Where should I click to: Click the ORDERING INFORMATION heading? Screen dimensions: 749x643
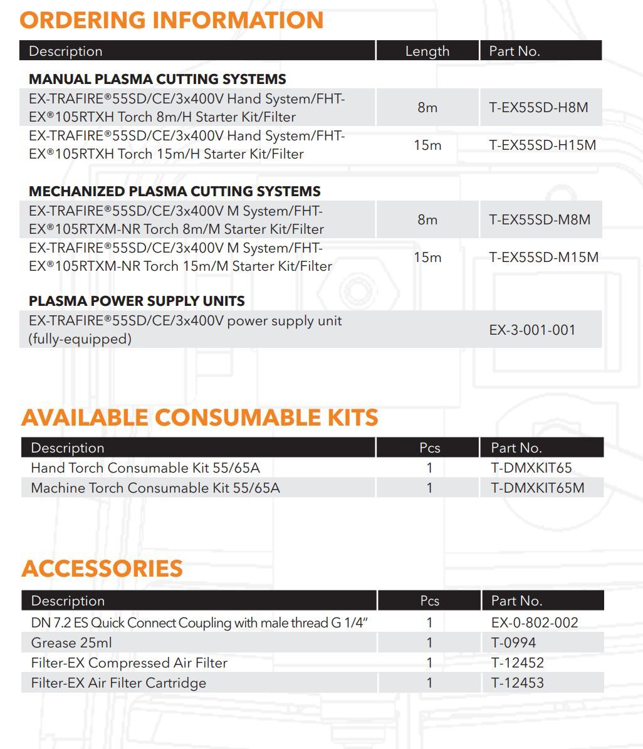pos(171,20)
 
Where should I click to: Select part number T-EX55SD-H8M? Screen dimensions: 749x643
pos(538,107)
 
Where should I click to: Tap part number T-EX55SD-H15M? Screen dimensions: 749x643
pos(542,145)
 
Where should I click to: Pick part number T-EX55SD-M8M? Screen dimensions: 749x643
pos(540,219)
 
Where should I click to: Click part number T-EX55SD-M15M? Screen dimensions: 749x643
pos(543,257)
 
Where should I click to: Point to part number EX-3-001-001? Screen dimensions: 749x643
pos(532,330)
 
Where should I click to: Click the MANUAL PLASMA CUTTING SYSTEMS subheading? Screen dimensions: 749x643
pos(157,79)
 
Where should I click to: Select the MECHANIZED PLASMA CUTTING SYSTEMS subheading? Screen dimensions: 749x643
pos(174,191)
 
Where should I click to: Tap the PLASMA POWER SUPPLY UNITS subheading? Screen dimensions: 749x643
pos(137,301)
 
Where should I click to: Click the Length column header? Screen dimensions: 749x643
pos(427,51)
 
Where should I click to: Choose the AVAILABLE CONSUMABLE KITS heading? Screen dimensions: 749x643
pos(200,417)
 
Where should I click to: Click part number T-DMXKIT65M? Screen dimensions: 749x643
pos(537,488)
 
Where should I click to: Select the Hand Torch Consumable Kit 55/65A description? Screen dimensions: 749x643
pos(154,468)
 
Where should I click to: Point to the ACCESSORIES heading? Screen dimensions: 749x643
pos(102,568)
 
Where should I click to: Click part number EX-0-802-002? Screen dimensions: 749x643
pos(535,622)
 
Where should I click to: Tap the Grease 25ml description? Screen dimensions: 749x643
pos(71,642)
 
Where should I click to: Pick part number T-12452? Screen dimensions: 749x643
pos(517,663)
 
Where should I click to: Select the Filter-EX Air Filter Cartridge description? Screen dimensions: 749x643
pos(118,683)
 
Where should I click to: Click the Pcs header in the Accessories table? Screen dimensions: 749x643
pos(429,600)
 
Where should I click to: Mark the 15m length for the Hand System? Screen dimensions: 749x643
pos(427,145)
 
